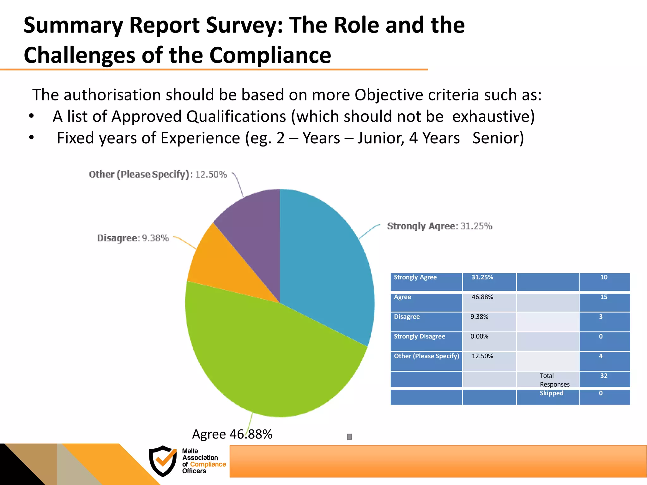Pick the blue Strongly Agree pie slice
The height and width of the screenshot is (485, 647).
325,268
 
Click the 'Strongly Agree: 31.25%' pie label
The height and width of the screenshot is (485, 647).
439,226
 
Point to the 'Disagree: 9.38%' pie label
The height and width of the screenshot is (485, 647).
133,238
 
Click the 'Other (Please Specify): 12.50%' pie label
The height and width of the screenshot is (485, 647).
158,174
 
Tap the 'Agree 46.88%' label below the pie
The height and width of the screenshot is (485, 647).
232,434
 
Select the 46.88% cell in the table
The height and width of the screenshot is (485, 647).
482,297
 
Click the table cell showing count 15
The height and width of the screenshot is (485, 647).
604,297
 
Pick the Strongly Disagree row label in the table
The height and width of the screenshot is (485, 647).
419,337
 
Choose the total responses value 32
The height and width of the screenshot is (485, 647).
604,376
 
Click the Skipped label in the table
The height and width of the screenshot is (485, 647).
551,393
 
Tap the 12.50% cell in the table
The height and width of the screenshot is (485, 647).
482,356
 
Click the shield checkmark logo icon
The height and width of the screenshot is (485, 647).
163,461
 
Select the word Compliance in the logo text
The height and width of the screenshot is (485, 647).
208,464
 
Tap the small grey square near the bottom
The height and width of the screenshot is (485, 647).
349,437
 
